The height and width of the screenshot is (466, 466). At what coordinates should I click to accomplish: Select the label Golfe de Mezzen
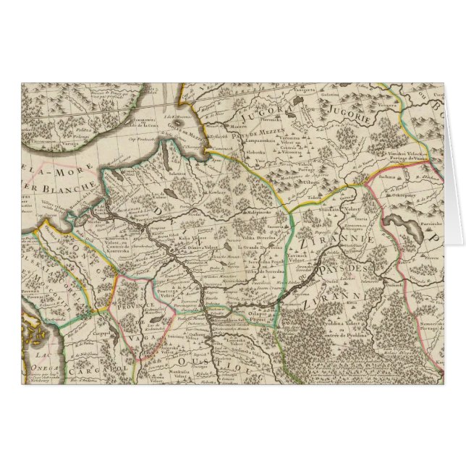point(179,125)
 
